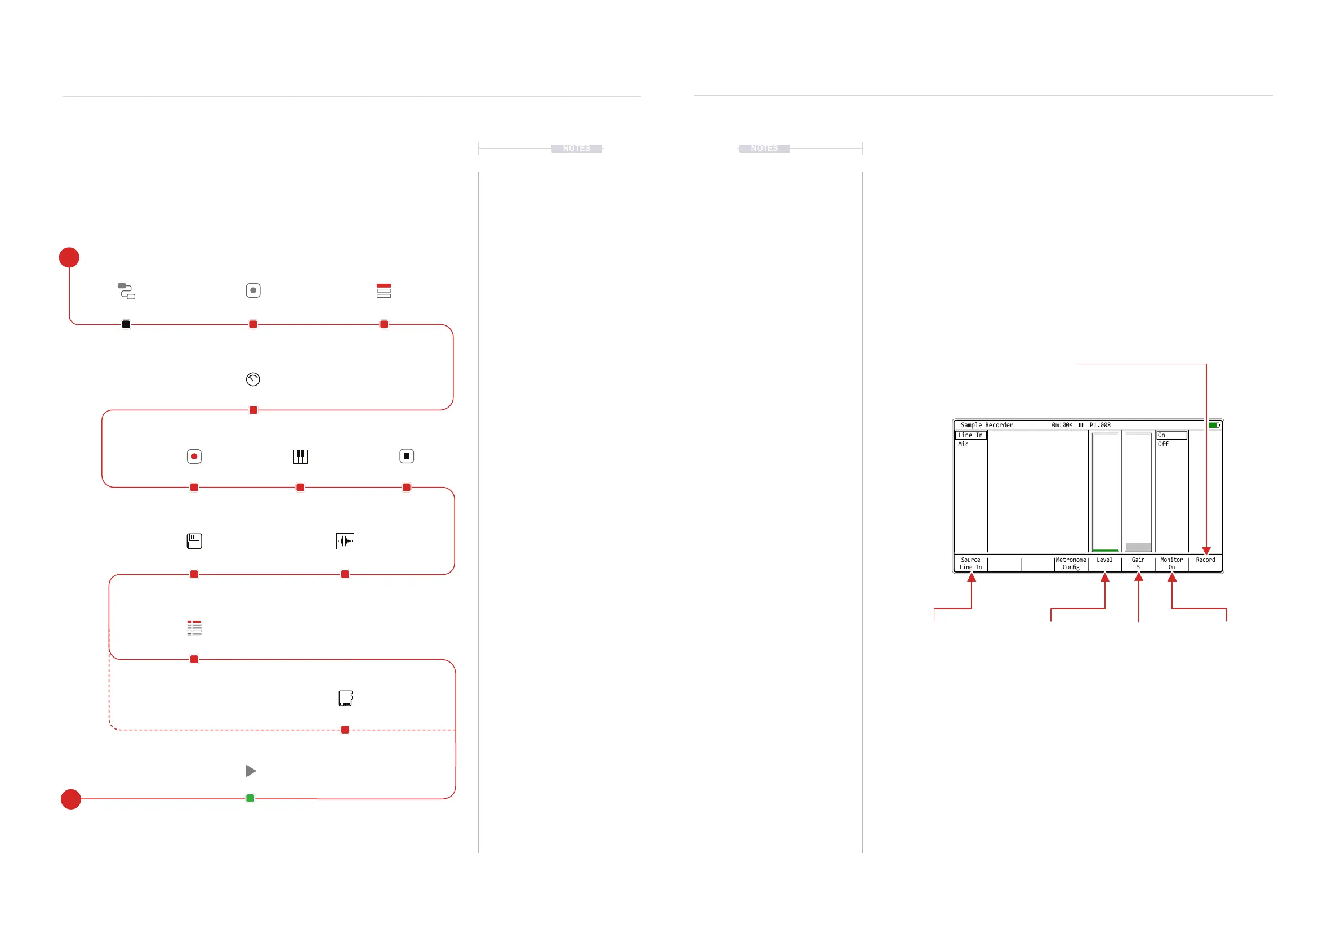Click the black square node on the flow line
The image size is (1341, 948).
click(126, 325)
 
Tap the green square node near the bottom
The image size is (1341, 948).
click(250, 798)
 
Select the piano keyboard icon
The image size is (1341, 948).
click(300, 457)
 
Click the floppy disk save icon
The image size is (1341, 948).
click(194, 541)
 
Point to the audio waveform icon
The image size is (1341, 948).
click(345, 541)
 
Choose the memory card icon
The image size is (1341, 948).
click(346, 698)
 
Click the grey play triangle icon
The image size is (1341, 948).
click(251, 771)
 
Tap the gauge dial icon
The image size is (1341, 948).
click(253, 379)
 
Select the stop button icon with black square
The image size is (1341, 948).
click(407, 456)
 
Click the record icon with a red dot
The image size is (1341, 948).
click(194, 457)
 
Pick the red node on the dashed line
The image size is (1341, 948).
click(345, 730)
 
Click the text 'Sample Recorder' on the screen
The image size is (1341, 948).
click(987, 425)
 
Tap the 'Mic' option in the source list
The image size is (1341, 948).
click(963, 444)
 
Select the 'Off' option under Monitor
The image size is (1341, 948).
click(1163, 444)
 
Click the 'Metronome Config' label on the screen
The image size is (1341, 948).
click(1071, 564)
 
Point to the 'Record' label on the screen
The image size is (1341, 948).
click(1205, 560)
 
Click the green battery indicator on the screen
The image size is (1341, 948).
click(1214, 425)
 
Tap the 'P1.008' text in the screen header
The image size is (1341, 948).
click(1100, 425)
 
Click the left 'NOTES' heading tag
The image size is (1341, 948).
click(577, 148)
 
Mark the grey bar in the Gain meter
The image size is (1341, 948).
click(1138, 547)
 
